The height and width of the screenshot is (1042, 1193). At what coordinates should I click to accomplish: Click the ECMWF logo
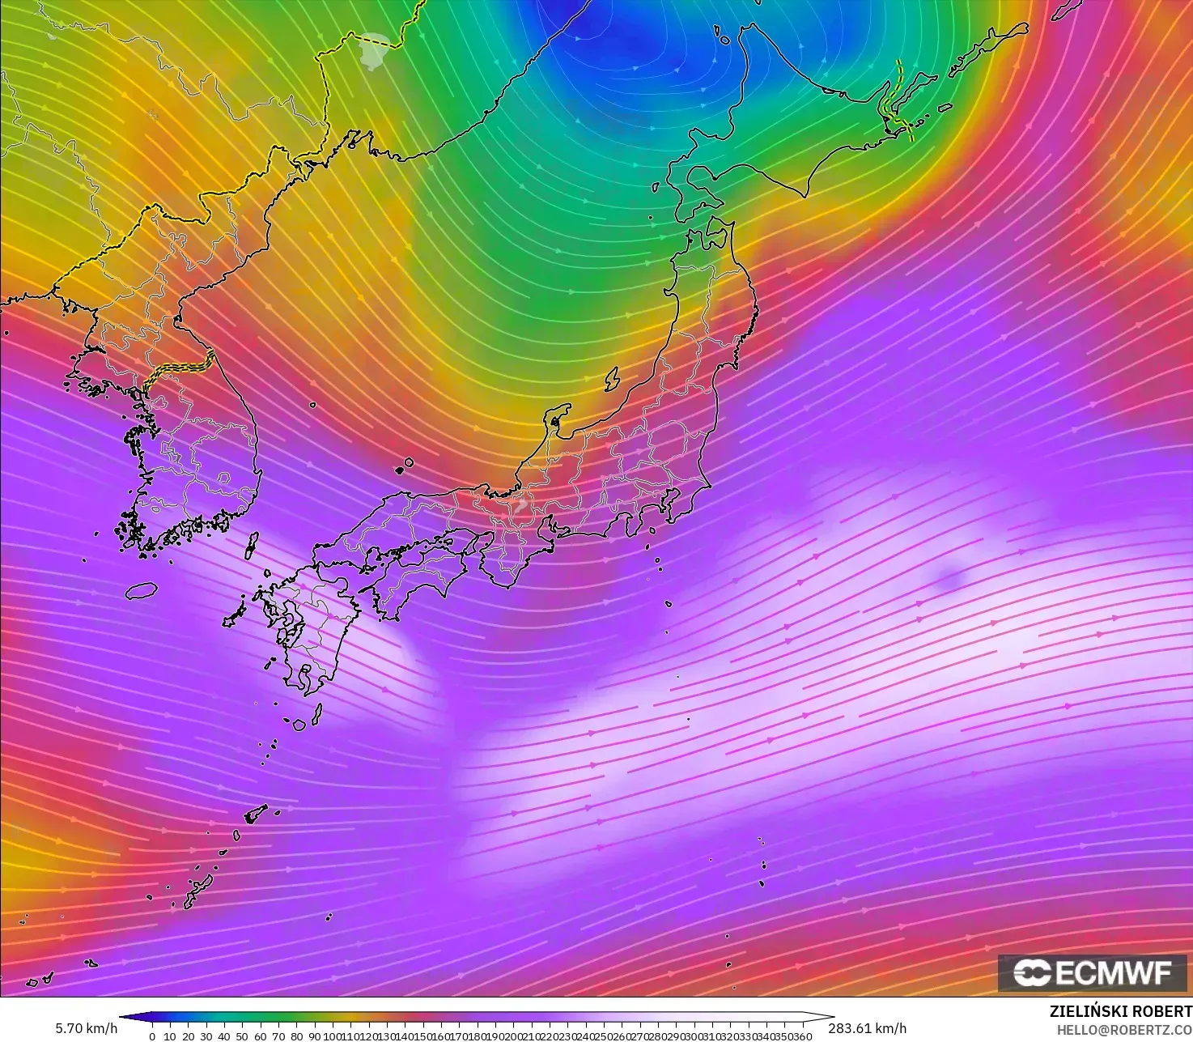(1094, 972)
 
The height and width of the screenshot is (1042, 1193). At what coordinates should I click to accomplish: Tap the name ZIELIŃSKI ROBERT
(1120, 1011)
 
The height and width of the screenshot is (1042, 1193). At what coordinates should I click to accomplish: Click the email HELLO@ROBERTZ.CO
(1124, 1029)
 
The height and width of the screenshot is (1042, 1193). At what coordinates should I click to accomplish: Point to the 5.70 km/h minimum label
(86, 1028)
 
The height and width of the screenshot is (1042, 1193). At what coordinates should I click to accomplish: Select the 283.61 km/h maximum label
(867, 1028)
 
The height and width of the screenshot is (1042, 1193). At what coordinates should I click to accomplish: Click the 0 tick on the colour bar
(152, 1036)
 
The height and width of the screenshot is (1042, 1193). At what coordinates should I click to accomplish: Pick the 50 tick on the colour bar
(242, 1036)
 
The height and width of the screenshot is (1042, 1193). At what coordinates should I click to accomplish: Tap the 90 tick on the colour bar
(314, 1036)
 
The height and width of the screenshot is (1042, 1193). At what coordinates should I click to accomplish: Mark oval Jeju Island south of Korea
(141, 591)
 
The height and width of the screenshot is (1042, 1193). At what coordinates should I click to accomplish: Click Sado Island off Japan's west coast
(612, 378)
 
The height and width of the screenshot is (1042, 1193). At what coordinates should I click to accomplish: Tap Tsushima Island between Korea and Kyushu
(252, 544)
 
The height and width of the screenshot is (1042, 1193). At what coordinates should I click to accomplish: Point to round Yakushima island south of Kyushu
(299, 723)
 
